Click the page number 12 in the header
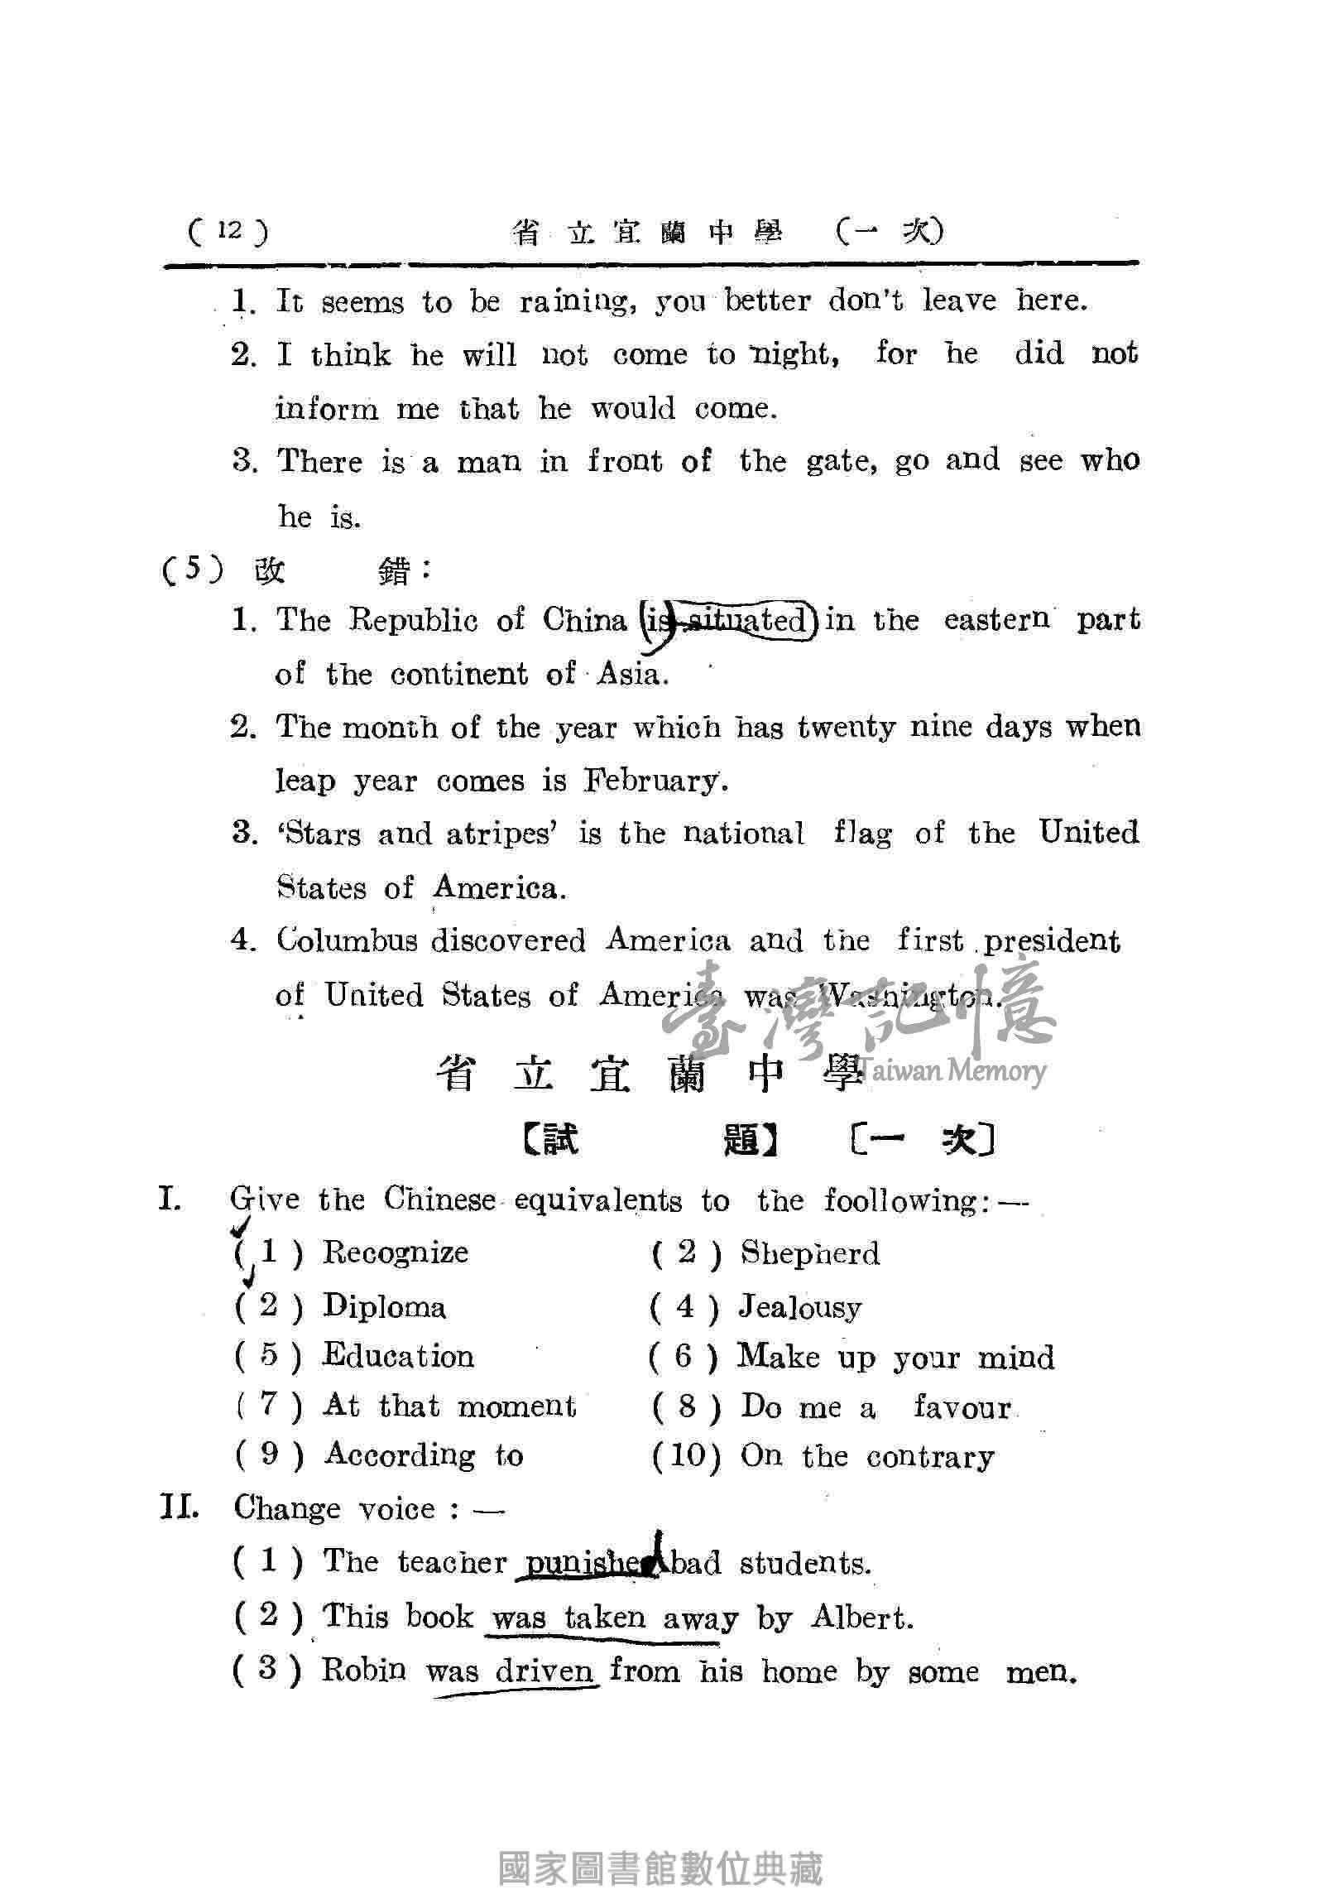click(x=229, y=229)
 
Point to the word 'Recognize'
click(x=396, y=1253)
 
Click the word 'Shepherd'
click(x=809, y=1253)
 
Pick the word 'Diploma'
click(x=384, y=1306)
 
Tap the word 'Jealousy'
click(x=800, y=1308)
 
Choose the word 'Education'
click(x=398, y=1356)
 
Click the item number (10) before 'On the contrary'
click(x=686, y=1455)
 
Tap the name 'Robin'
click(x=364, y=1669)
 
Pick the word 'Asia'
click(x=631, y=674)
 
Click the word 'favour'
click(x=962, y=1407)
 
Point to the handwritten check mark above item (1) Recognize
click(x=242, y=1225)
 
